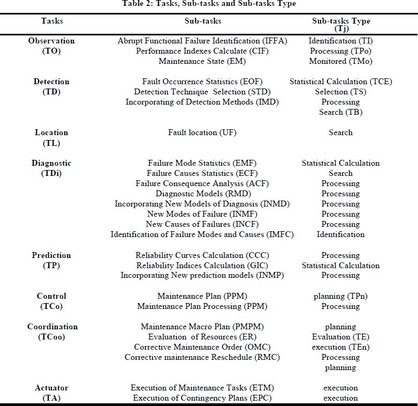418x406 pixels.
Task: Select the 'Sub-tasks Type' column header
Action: pyautogui.click(x=341, y=21)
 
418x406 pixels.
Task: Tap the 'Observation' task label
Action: pyautogui.click(x=51, y=41)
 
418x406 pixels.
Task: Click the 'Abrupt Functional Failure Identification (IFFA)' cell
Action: pyautogui.click(x=203, y=41)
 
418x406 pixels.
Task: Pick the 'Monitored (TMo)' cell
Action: pyautogui.click(x=341, y=61)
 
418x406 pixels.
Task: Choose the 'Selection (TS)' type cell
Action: pyautogui.click(x=341, y=92)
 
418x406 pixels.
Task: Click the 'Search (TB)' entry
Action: pyautogui.click(x=341, y=112)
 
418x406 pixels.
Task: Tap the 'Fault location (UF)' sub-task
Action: pyautogui.click(x=203, y=132)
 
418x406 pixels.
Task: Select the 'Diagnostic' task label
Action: pyautogui.click(x=51, y=163)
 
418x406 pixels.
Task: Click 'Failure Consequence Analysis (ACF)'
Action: pyautogui.click(x=203, y=183)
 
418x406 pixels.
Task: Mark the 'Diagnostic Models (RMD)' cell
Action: pyautogui.click(x=203, y=194)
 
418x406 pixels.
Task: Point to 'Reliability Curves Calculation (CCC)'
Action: pyautogui.click(x=203, y=255)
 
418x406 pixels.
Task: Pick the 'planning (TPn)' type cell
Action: pyautogui.click(x=341, y=296)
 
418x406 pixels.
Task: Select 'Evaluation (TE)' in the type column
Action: pyautogui.click(x=341, y=337)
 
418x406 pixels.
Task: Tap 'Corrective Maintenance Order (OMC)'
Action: pyautogui.click(x=203, y=347)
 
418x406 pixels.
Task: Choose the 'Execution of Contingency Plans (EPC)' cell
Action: pyautogui.click(x=203, y=398)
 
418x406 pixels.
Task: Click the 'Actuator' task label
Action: pyautogui.click(x=51, y=388)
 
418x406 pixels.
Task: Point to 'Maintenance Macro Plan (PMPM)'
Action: pyautogui.click(x=203, y=327)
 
